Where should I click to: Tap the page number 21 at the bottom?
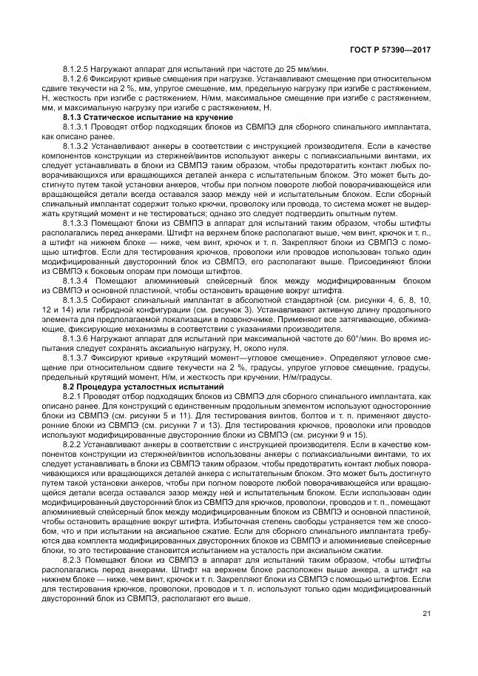(x=426, y=633)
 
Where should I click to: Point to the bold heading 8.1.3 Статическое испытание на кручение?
(x=148, y=118)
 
